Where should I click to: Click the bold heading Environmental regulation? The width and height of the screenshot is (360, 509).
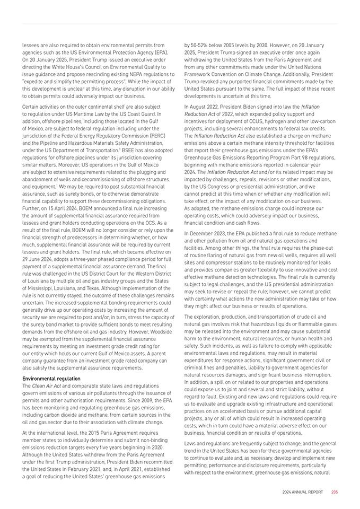(51, 379)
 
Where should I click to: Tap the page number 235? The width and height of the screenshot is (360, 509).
(335, 492)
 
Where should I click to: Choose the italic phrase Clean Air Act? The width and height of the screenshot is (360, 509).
(45, 385)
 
